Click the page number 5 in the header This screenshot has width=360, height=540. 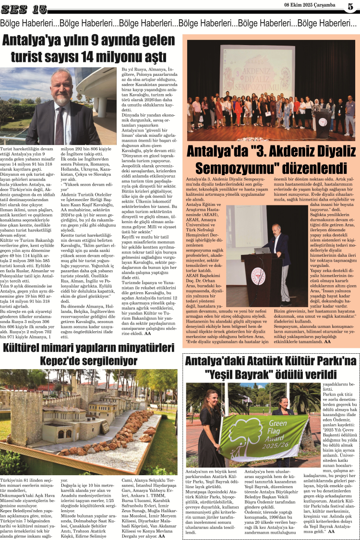(x=350, y=7)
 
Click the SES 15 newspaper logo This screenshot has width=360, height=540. (x=24, y=9)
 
